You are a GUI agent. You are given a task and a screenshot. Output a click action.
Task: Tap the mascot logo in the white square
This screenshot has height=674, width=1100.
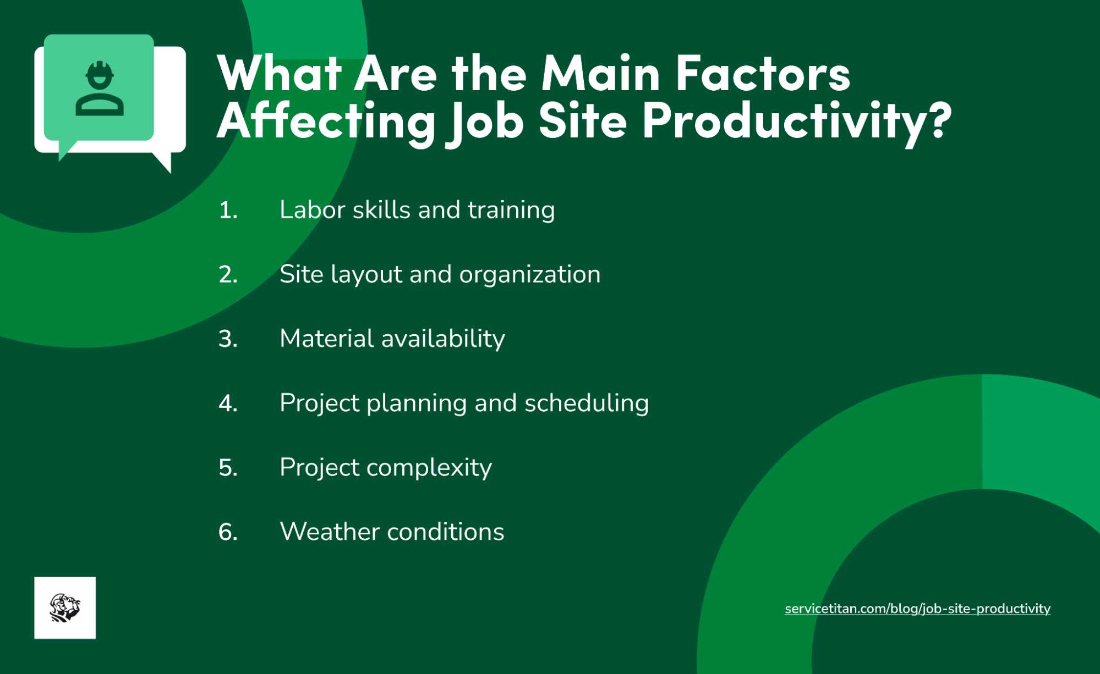click(x=65, y=607)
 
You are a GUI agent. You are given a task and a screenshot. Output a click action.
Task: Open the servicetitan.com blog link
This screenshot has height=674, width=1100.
click(x=917, y=609)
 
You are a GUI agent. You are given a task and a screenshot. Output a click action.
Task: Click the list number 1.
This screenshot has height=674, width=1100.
click(x=228, y=210)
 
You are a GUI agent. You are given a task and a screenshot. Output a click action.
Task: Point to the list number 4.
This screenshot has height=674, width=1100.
click(x=228, y=404)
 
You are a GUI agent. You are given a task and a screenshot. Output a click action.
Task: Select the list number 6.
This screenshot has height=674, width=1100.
click(x=228, y=532)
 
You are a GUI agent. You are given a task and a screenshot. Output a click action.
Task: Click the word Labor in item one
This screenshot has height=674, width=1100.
click(x=312, y=210)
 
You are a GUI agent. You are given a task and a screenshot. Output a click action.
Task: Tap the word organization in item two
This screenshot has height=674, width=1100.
click(x=529, y=274)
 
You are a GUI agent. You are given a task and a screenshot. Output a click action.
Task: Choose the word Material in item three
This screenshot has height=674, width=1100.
click(x=326, y=339)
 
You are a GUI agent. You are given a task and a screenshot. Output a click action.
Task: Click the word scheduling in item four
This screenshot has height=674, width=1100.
click(x=587, y=404)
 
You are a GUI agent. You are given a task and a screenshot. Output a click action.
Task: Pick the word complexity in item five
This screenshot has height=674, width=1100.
click(x=429, y=468)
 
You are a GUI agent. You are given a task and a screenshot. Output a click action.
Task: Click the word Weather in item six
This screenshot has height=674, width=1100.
click(x=330, y=532)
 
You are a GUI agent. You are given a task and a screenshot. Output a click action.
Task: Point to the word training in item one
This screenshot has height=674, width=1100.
click(x=511, y=210)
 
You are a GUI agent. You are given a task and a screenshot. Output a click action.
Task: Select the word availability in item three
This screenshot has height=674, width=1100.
click(x=443, y=339)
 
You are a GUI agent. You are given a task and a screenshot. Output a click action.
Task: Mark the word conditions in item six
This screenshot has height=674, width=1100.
click(x=446, y=532)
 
